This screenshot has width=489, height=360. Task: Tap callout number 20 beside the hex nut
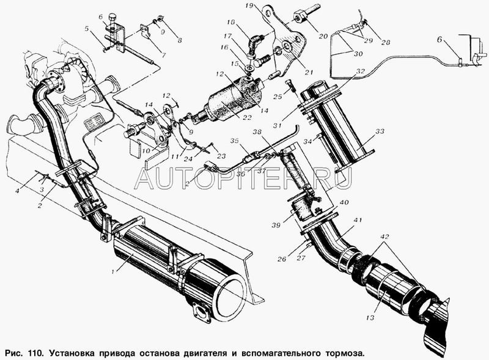coord(323,37)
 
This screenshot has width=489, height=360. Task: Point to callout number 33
coord(380,131)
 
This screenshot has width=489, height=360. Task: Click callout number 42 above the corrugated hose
coord(384,237)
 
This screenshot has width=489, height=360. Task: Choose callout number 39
coord(276,225)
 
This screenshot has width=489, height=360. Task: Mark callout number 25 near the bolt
coord(278,97)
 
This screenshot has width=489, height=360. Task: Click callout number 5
coord(87,29)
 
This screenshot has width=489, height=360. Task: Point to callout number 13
coord(370,318)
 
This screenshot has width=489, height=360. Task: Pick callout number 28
coord(386,42)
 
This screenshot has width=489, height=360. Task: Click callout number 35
coord(234,141)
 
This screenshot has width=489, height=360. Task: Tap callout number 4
coord(18,190)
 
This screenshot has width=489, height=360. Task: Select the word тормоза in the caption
coord(345,353)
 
